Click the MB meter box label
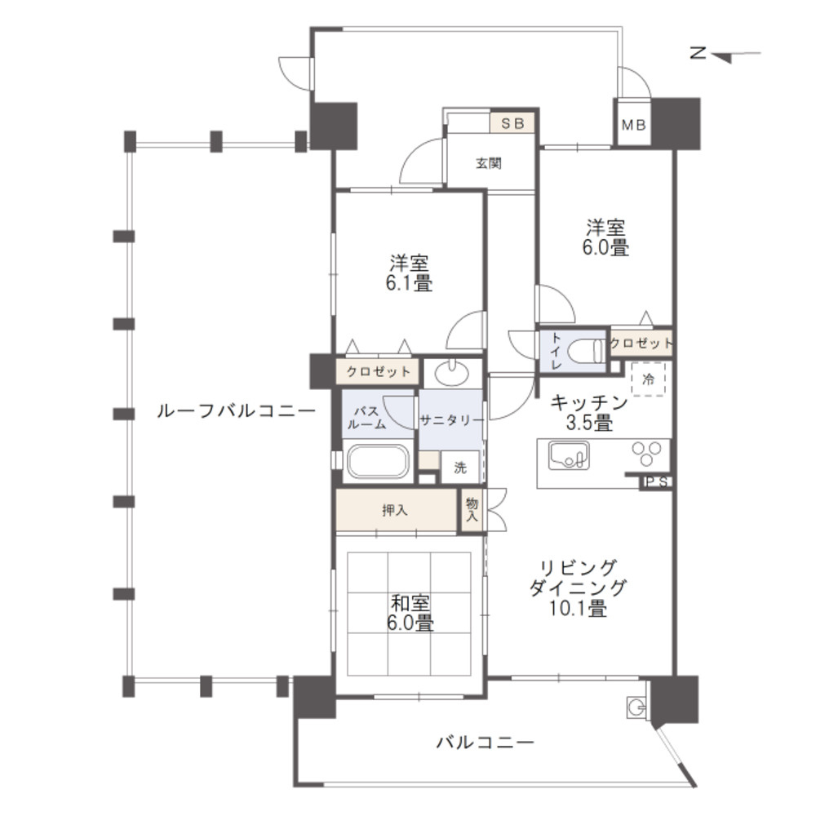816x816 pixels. coord(633,126)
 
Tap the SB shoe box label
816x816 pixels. coord(512,123)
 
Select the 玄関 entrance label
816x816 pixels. coord(489,163)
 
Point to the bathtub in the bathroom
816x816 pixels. coord(378,461)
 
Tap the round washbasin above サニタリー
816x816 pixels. coord(451,373)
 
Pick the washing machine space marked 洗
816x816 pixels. coord(460,468)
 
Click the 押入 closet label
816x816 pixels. coord(395,511)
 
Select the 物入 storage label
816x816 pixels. coord(472,511)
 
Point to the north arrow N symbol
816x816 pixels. coord(698,54)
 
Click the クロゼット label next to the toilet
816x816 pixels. coord(641,343)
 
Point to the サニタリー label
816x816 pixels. coord(451,420)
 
